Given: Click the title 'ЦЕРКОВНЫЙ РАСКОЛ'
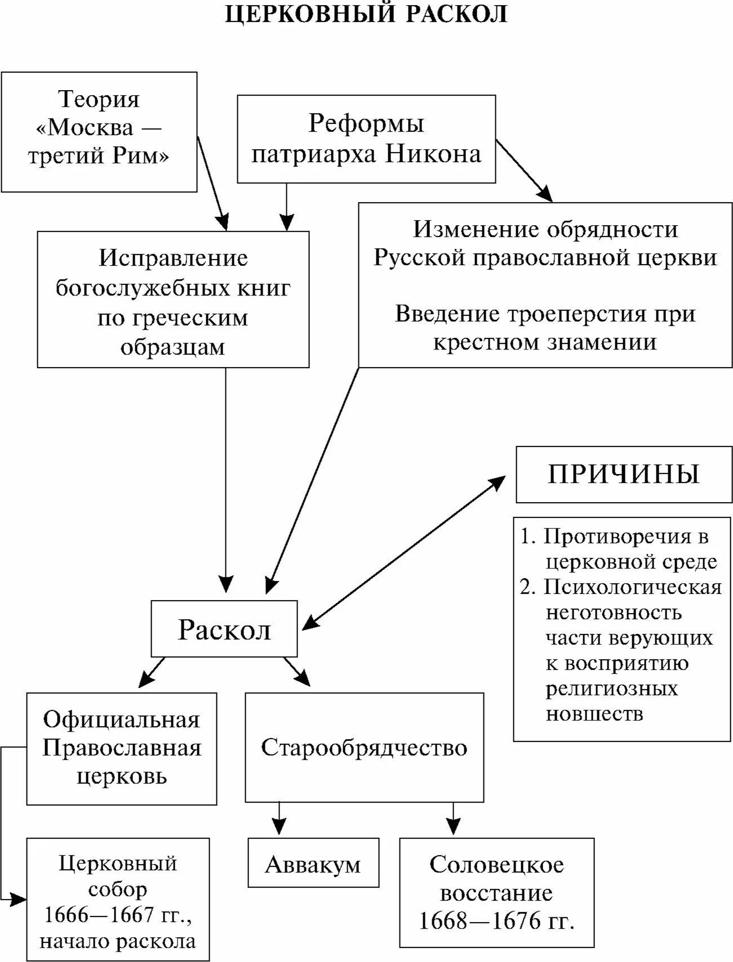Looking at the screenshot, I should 366,14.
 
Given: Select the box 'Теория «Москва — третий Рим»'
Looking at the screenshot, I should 99,132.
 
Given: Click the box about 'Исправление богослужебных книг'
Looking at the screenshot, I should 173,299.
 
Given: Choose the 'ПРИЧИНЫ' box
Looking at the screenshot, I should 624,474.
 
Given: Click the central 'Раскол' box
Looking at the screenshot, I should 224,629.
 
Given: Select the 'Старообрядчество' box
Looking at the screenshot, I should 364,747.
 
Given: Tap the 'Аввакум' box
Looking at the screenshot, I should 313,863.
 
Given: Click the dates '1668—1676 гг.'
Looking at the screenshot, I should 496,921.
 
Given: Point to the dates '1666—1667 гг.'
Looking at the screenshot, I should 118,915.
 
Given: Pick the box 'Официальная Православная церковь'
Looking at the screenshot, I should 121,748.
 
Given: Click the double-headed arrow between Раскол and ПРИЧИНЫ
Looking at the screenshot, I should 404,552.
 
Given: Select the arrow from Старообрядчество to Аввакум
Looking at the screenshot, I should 279,819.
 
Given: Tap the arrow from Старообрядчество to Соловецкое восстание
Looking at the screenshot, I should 452,819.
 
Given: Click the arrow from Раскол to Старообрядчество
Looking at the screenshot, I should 297,671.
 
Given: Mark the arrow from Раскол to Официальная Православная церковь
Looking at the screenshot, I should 152,672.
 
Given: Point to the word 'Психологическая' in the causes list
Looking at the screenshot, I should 632,587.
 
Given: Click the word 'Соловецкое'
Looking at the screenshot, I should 496,865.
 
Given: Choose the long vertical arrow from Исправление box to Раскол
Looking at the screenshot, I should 226,478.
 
